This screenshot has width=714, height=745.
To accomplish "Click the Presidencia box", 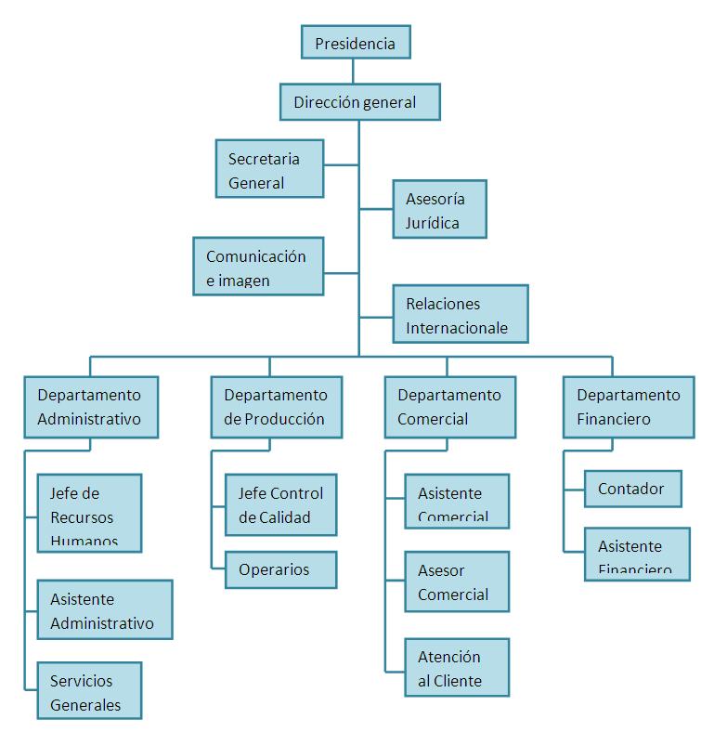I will (356, 43).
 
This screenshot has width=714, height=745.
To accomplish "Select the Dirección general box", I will (359, 102).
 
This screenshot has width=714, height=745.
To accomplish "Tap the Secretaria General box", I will (269, 169).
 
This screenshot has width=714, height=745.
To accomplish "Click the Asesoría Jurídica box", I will (439, 210).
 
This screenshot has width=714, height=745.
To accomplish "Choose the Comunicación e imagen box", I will (258, 267).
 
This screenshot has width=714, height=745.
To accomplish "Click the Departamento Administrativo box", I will (90, 407).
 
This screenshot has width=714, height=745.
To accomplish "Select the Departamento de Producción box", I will (276, 407).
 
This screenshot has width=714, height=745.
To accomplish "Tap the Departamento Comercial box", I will (449, 407).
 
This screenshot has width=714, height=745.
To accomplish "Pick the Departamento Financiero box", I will (629, 407).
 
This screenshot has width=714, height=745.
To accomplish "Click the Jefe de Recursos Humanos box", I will (89, 513).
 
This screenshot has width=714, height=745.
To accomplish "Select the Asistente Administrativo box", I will (104, 610).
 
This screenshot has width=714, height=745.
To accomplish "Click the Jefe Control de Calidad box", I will (280, 505).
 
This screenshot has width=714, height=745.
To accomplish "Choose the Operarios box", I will (280, 569).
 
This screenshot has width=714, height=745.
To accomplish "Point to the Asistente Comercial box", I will (457, 501).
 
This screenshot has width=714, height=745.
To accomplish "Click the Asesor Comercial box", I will (457, 582).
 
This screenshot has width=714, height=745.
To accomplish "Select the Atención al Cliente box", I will (457, 668).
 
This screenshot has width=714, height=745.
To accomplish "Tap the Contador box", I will (631, 489).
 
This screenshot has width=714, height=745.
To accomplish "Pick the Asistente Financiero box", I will (637, 555).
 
